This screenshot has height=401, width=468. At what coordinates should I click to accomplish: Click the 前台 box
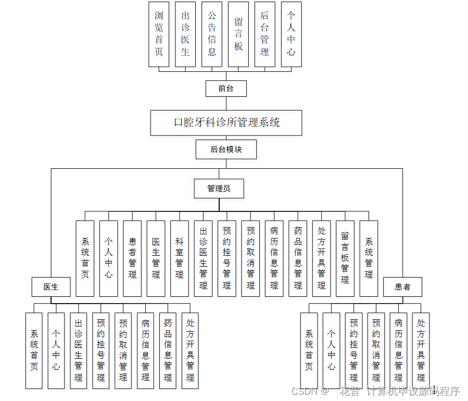coord(225,89)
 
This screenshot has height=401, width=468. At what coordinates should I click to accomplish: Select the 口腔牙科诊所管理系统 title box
coord(226,122)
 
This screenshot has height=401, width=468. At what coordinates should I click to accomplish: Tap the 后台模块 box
coord(226,149)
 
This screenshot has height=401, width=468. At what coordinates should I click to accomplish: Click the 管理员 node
coord(219,189)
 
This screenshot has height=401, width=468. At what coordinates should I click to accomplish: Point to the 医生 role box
coord(50,287)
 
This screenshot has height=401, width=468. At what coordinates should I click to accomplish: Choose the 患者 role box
coord(402,287)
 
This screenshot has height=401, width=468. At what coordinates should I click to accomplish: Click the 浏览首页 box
coord(159,34)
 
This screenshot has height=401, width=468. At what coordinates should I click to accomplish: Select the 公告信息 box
coord(212,34)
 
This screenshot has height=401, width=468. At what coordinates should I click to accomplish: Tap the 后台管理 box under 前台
coord(264,34)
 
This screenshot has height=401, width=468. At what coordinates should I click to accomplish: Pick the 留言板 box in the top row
coord(238,34)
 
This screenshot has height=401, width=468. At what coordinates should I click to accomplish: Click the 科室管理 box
coord(179,258)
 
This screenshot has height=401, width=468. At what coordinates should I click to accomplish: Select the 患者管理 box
coord(132,258)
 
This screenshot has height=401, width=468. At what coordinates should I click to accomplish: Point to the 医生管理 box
coord(156,258)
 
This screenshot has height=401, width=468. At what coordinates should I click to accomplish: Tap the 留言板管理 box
coord(345,258)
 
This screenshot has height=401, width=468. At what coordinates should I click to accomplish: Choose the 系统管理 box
coord(369,258)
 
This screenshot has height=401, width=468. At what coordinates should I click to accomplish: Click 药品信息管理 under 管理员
coord(298,258)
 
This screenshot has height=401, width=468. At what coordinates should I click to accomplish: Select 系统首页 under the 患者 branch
coord(309,350)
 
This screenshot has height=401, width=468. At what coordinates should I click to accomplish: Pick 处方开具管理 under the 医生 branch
coord(190,350)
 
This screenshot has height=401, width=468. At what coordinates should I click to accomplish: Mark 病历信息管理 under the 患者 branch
coord(398,350)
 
